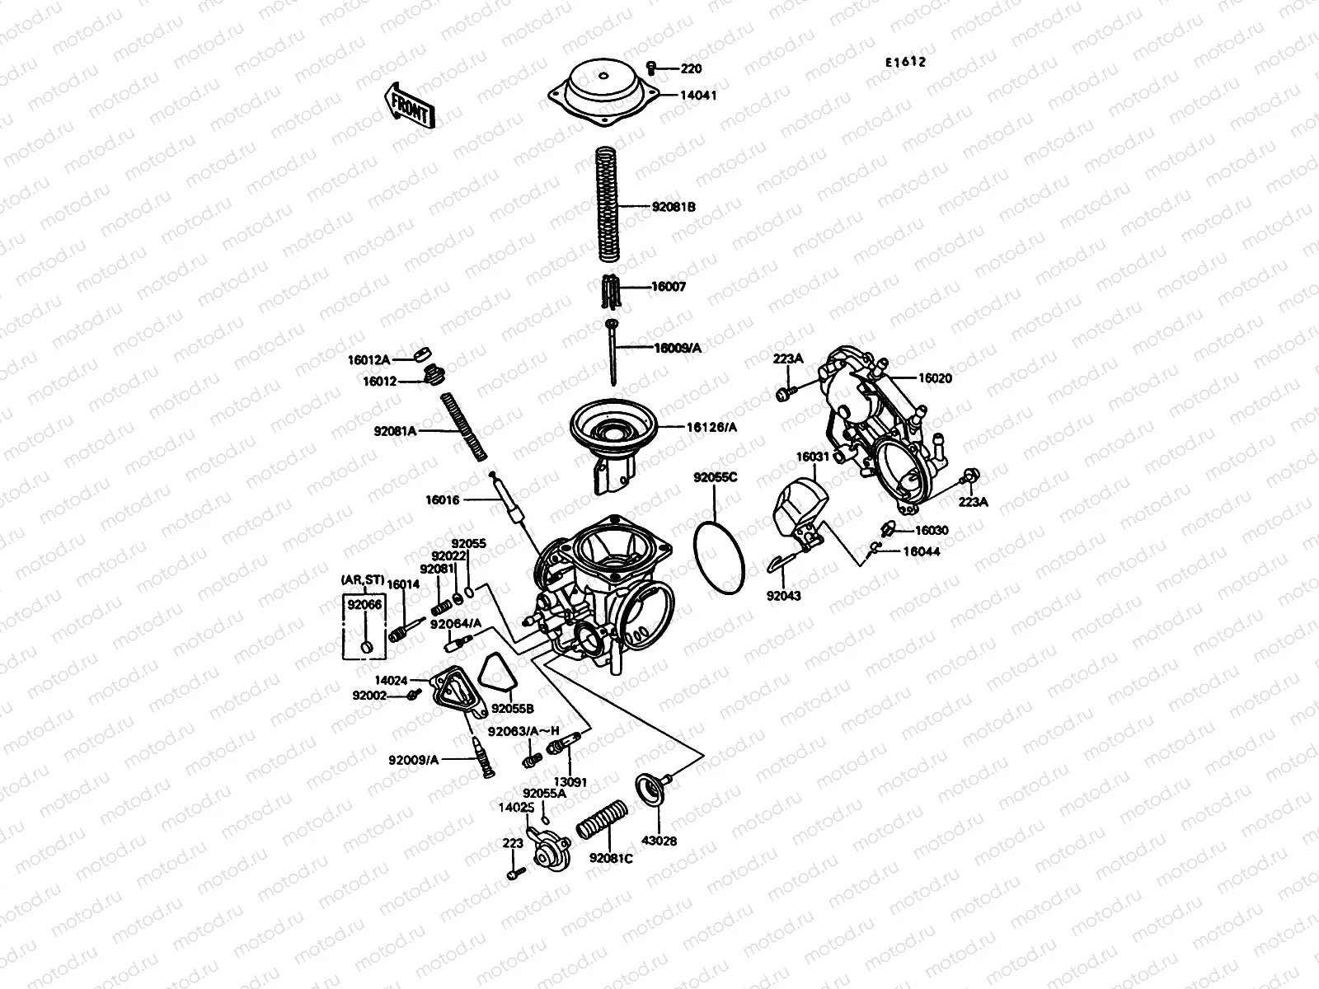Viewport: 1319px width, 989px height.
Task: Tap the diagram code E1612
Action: pos(905,62)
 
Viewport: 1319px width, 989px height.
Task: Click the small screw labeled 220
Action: pos(650,67)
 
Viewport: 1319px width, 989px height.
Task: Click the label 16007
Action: pos(669,287)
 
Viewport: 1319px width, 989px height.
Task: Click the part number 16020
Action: pos(935,378)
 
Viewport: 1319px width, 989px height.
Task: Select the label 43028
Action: pos(659,841)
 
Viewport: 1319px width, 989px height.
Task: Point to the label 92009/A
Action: pos(414,759)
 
